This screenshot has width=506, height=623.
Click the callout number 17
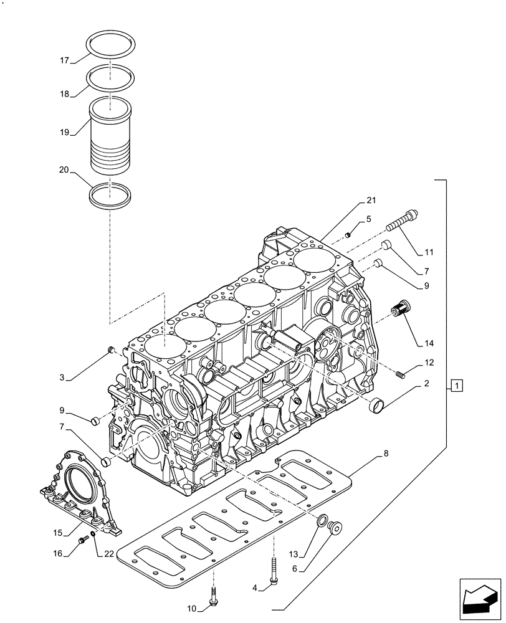[64, 60]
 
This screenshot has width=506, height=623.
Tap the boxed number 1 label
[457, 386]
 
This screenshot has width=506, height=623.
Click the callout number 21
[371, 200]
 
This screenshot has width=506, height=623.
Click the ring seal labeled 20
[111, 197]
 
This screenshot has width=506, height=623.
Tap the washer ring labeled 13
[322, 521]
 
